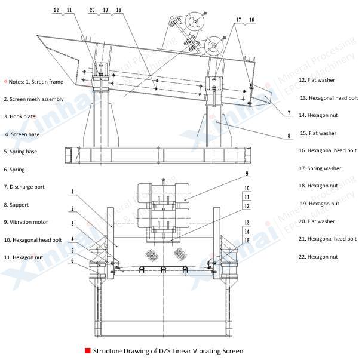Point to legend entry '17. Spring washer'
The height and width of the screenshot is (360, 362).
(320, 168)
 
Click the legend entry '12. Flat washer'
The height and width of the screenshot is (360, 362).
(317, 80)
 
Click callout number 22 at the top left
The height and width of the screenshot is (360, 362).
(57, 10)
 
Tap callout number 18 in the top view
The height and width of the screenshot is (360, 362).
(118, 10)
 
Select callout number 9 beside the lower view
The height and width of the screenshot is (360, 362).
(246, 174)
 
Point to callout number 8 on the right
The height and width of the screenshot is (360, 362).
(289, 136)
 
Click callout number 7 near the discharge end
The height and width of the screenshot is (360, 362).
(289, 113)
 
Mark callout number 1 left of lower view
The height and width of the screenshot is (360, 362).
(72, 192)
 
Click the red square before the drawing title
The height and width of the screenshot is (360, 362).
(88, 351)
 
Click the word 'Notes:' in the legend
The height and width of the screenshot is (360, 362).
(19, 81)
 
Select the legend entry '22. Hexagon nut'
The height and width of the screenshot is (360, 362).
(318, 257)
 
